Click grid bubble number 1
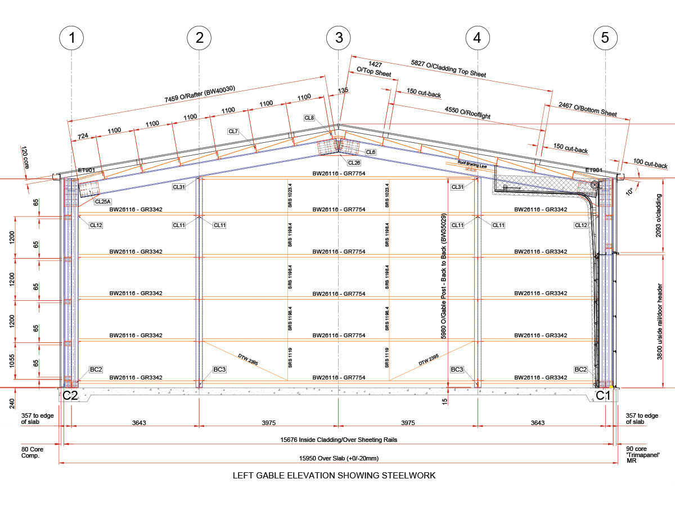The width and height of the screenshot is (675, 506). pyautogui.click(x=71, y=38)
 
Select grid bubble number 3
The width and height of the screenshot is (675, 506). pyautogui.click(x=339, y=38)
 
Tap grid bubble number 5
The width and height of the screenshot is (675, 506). pyautogui.click(x=605, y=38)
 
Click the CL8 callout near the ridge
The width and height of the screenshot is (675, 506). pyautogui.click(x=309, y=118)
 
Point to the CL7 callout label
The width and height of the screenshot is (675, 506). pyautogui.click(x=233, y=132)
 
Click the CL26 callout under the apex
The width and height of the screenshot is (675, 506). pyautogui.click(x=354, y=163)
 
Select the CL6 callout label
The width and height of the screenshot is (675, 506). pyautogui.click(x=370, y=152)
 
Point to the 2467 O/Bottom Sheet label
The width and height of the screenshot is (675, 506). pyautogui.click(x=587, y=109)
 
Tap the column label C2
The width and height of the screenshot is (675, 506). pyautogui.click(x=70, y=396)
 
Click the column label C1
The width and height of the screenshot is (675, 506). pyautogui.click(x=603, y=396)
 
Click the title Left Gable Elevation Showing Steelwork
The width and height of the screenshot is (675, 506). pyautogui.click(x=334, y=476)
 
